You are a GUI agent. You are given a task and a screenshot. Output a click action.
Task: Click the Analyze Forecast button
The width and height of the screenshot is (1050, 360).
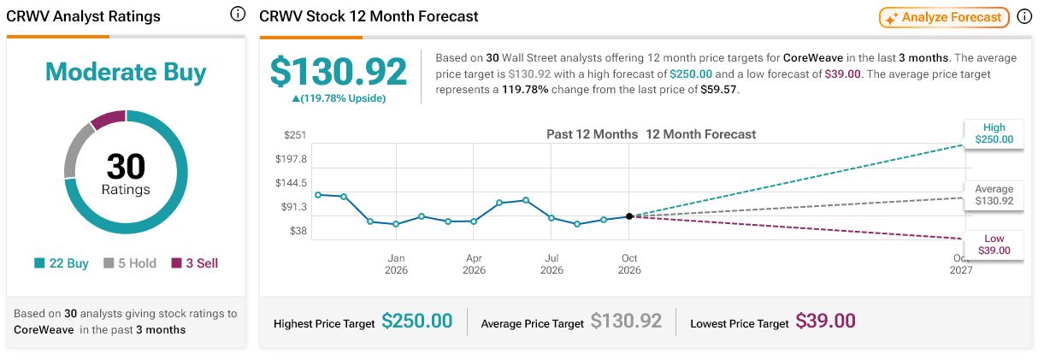(944, 17)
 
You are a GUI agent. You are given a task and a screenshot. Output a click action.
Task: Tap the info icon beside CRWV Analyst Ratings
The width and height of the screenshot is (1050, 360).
(238, 14)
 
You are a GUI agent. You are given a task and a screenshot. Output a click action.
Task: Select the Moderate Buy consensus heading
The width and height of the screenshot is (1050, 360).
(126, 72)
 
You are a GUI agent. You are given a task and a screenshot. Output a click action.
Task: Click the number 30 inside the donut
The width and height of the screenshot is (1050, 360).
(126, 167)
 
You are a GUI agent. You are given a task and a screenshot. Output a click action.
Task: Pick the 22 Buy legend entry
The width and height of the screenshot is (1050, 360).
(62, 263)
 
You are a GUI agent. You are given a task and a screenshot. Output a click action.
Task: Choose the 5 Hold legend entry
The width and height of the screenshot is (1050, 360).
(130, 263)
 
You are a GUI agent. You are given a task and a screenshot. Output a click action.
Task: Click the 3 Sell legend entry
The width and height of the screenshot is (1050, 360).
(195, 263)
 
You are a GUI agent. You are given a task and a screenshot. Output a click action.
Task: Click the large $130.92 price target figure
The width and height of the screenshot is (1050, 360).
(339, 71)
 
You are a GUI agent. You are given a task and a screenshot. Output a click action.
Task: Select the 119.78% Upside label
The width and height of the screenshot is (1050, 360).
(339, 98)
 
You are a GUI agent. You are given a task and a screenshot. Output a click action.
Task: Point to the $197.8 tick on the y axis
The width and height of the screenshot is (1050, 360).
(291, 159)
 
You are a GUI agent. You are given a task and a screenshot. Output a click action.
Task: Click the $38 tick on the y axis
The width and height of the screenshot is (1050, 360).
(298, 231)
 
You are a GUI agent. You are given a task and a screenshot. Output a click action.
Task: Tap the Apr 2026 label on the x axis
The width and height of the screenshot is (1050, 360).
(474, 264)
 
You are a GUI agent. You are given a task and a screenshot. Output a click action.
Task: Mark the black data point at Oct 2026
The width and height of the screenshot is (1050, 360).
(629, 216)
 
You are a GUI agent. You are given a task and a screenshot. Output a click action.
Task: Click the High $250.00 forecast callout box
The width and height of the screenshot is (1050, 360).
(994, 133)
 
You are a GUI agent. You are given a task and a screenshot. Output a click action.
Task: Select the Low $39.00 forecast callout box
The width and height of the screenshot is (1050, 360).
(994, 245)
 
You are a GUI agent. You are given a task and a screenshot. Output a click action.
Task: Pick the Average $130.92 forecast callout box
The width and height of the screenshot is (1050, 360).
(994, 195)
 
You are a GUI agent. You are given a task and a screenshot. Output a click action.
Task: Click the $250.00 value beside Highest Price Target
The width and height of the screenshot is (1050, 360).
(416, 322)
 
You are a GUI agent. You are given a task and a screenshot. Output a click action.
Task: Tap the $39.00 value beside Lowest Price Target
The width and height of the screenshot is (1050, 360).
(825, 322)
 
